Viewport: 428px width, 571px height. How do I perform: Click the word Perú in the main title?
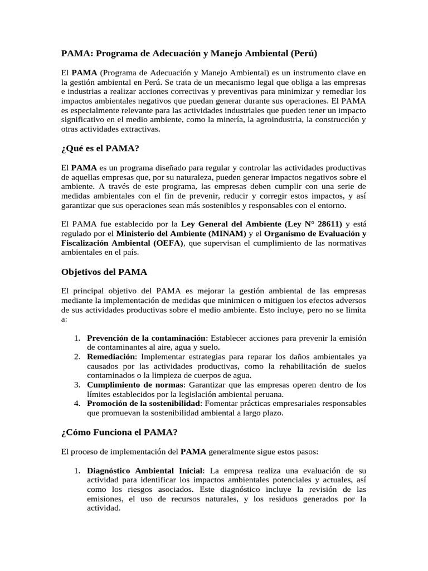pyautogui.click(x=302, y=54)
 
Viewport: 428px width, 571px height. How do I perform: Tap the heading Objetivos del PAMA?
pyautogui.click(x=104, y=272)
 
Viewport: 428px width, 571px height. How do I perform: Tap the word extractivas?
pyautogui.click(x=140, y=129)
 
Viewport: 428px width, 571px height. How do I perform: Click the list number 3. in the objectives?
pyautogui.click(x=79, y=385)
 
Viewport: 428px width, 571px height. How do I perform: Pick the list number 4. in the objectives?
pyautogui.click(x=79, y=403)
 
